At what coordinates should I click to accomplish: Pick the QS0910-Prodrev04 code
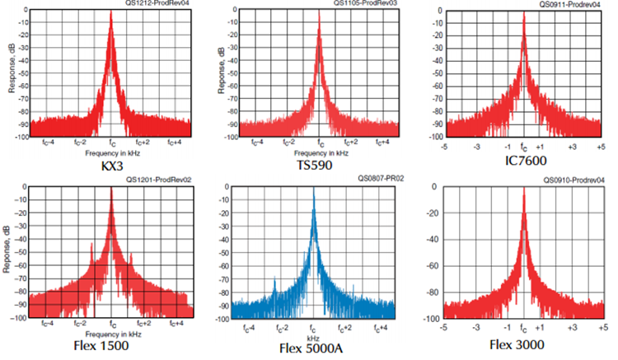click(x=575, y=180)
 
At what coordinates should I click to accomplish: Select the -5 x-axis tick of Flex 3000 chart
click(x=445, y=327)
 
